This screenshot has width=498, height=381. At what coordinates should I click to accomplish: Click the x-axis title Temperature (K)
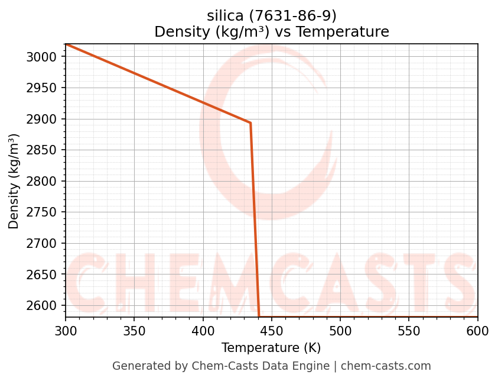coord(271,348)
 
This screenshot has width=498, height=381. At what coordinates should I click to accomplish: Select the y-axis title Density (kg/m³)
coord(14,181)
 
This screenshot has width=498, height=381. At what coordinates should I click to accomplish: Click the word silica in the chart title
coord(224,16)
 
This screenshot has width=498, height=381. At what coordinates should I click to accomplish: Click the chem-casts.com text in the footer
coord(386,366)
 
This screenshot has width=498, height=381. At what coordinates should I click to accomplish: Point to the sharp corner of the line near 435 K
coord(250,123)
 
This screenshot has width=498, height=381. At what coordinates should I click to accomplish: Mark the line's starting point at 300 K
coord(66,44)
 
